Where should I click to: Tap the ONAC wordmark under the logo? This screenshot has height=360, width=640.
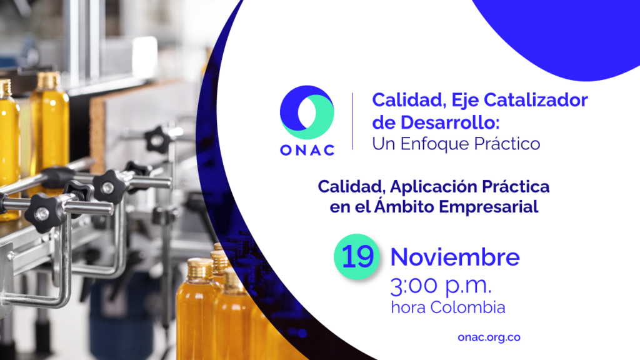point(307,150)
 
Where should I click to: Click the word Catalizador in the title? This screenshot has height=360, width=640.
point(536,100)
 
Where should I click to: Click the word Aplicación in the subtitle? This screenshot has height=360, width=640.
point(434,187)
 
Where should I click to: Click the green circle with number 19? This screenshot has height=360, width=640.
point(357,257)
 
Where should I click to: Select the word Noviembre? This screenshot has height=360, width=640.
point(455,257)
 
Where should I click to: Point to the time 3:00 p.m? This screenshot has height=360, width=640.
point(441,285)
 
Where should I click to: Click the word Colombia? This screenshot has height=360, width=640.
point(467,307)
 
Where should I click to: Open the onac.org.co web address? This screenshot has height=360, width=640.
point(489,337)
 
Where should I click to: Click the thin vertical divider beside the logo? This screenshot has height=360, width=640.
point(352,121)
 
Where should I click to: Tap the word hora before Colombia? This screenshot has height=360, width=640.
point(409,307)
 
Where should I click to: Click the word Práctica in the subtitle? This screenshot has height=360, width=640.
point(516,186)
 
